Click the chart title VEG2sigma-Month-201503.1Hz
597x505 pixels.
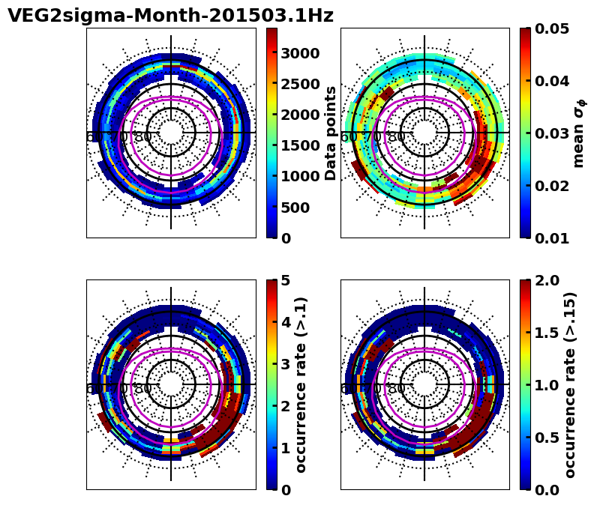170,16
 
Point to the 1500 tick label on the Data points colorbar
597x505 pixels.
301,145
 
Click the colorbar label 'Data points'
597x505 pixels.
331,133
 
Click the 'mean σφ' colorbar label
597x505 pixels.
579,133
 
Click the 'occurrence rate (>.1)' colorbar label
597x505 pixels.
301,384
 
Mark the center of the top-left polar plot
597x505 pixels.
171,133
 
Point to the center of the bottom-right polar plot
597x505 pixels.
424,384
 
